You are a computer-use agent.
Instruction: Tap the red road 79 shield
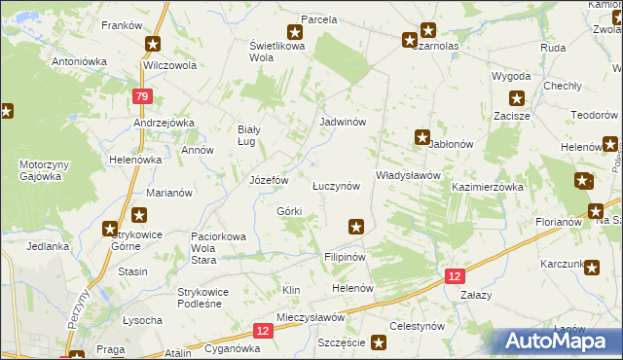coord(143,96)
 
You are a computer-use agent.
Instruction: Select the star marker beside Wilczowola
coord(153,44)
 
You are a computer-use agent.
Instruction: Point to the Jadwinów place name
coord(343,123)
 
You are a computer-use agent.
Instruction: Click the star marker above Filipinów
coord(357,227)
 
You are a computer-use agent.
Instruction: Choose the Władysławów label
coord(409,175)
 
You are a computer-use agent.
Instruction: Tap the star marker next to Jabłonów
coord(422,137)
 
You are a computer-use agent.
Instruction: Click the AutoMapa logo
coord(561,341)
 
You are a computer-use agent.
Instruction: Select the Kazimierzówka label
coord(488,186)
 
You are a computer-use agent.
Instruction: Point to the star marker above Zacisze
coord(517,97)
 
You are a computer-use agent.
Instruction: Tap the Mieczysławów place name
coord(311,317)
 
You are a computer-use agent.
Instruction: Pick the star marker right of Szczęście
coord(379,342)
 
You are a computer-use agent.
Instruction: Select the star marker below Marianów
coord(140,216)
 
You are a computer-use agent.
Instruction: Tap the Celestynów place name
coord(417,326)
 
